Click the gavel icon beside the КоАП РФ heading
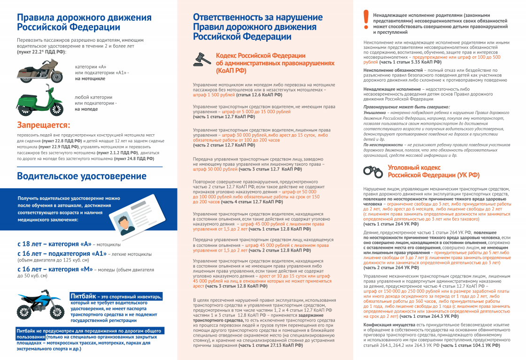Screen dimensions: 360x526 tap(202, 59)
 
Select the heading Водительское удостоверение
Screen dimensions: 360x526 tap(82, 176)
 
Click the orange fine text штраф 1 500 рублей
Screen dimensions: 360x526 tap(214, 95)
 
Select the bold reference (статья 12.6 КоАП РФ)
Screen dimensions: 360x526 tap(259, 95)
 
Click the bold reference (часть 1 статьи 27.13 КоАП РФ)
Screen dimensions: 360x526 tap(270, 345)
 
